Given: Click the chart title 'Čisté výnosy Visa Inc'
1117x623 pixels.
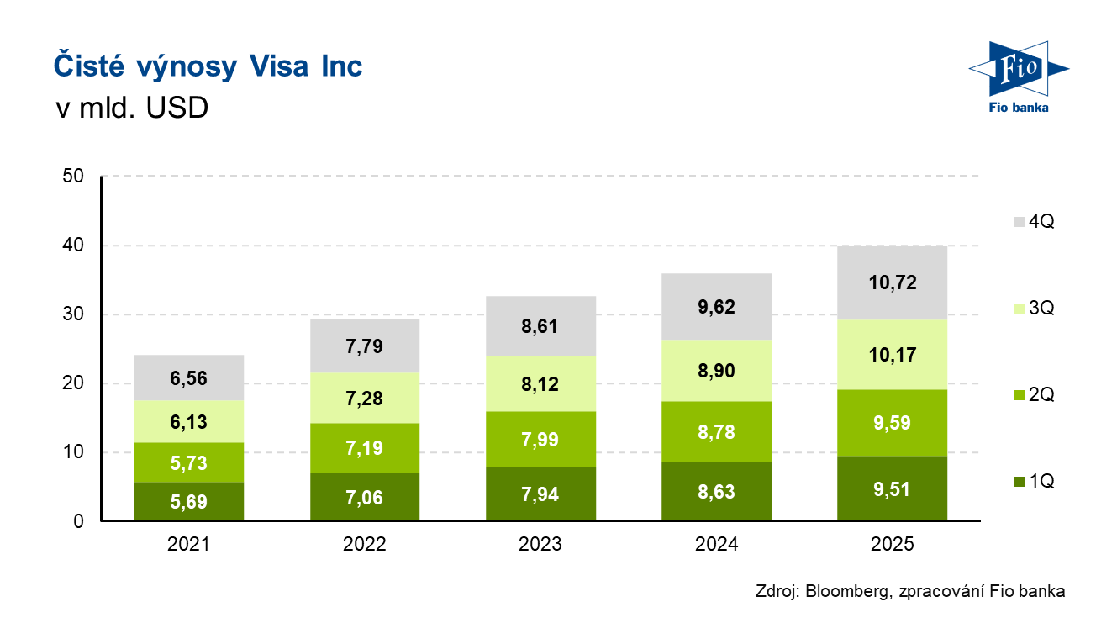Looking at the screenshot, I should (208, 66).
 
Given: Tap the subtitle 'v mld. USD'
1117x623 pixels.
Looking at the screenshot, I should (131, 108).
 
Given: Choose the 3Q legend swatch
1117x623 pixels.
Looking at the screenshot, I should (1019, 309).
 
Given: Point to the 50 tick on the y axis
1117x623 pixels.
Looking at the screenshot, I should (73, 177).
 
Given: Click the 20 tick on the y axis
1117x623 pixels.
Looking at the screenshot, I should (73, 383).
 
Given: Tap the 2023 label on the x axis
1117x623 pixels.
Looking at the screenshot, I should (540, 545).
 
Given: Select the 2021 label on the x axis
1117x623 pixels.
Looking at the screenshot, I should (188, 545).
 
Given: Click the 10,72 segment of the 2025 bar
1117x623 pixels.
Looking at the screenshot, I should (892, 282).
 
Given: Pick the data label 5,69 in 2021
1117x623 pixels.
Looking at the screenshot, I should (188, 504).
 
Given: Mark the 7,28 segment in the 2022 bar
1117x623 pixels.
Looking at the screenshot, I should (364, 398).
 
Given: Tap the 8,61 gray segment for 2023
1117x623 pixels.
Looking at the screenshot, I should (540, 326).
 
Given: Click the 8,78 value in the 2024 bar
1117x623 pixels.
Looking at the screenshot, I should (716, 431).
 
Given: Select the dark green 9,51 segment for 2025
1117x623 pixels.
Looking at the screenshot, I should (892, 489).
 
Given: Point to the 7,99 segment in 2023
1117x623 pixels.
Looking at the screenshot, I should (540, 440).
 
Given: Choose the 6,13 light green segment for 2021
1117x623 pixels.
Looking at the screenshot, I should (188, 421).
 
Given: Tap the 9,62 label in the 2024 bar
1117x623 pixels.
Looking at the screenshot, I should (716, 307).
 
